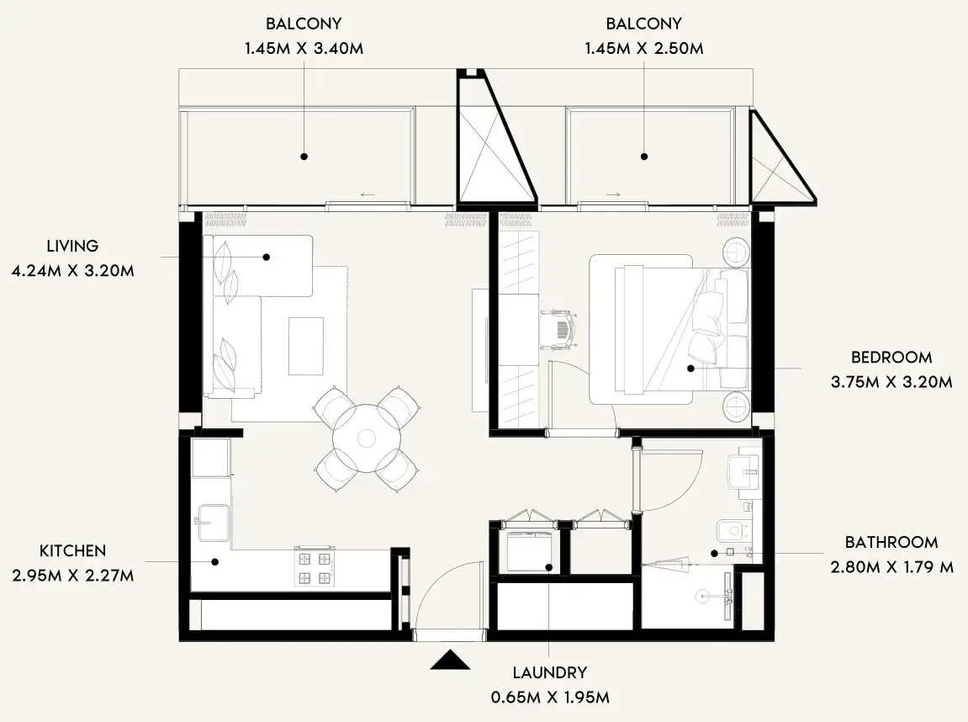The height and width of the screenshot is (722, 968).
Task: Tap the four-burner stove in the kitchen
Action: [313, 567]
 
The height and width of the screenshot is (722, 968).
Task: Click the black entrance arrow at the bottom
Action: [450, 661]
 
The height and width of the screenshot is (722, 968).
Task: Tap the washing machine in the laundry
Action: [526, 551]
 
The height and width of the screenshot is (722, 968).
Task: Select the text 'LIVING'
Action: [72, 246]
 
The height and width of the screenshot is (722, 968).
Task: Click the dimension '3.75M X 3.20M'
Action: [891, 381]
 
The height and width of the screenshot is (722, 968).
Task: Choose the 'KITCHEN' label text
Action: [72, 551]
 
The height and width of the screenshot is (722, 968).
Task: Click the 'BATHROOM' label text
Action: [891, 543]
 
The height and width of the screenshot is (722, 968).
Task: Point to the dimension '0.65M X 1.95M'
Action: [549, 698]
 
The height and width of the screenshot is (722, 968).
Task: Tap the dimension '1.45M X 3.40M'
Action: [304, 48]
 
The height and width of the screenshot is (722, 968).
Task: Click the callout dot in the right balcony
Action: [644, 156]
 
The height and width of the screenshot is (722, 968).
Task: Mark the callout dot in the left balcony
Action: [304, 156]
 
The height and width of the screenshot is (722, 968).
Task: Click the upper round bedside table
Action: [738, 251]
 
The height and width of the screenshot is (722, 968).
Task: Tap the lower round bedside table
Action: [738, 407]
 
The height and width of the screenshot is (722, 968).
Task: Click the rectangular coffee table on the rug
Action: [306, 346]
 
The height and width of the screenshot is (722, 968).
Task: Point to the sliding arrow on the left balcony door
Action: [368, 195]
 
